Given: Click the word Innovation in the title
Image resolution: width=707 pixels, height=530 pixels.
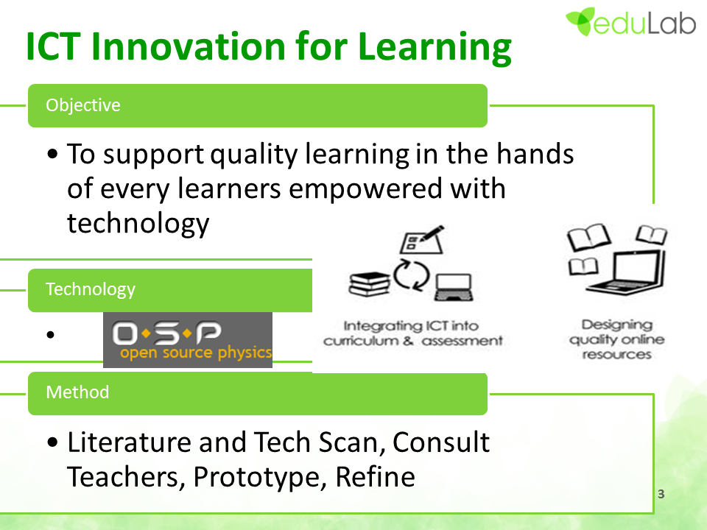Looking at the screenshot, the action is (x=189, y=46).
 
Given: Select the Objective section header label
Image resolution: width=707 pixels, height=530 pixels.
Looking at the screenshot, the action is (x=83, y=105).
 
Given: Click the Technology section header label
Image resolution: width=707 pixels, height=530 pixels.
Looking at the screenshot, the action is (x=90, y=289).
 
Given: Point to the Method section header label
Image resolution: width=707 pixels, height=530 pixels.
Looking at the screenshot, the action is (x=77, y=392).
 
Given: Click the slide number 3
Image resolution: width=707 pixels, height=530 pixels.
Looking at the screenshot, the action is (x=661, y=494).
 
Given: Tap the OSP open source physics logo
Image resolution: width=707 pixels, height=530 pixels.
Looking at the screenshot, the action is (x=188, y=340).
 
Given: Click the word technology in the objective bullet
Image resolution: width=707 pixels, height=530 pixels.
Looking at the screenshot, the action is (x=138, y=224).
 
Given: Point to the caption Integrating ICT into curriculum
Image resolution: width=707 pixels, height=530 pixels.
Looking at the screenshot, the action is (x=412, y=333).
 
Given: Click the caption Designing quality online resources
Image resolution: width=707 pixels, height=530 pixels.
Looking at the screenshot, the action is (x=617, y=339).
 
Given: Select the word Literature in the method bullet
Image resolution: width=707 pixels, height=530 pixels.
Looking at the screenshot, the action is (x=128, y=442).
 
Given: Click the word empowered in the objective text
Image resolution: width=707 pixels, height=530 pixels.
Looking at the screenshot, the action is (x=365, y=189).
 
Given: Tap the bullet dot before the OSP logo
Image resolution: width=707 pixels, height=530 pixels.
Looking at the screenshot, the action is (x=50, y=334).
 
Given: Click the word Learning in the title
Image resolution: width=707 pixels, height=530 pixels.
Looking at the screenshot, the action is (x=435, y=48).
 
